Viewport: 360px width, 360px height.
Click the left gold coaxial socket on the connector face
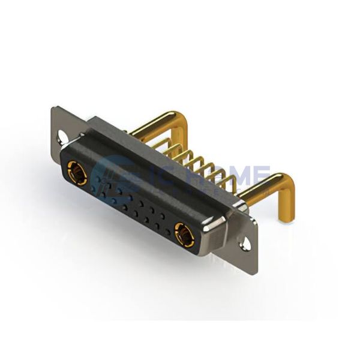tap(76, 173)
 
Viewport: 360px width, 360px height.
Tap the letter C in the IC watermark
tap(157, 174)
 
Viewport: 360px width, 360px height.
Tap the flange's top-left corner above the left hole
tap(55, 112)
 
